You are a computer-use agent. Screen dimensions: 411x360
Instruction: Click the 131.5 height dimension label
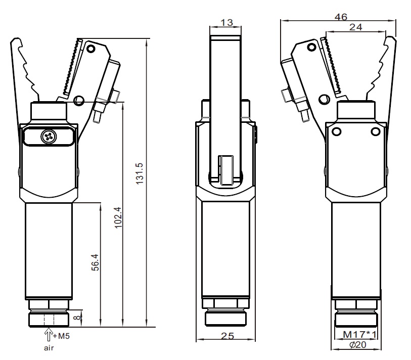[x=140, y=173]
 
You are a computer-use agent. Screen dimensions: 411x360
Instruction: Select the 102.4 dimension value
[x=118, y=217]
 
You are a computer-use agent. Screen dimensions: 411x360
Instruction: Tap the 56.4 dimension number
[x=95, y=262]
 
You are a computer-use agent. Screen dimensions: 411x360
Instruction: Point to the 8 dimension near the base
[x=77, y=318]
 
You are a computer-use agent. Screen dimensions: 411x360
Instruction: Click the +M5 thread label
[x=61, y=336]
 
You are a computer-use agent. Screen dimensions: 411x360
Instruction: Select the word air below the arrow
[x=49, y=348]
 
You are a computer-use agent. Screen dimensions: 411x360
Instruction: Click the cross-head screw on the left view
[x=49, y=137]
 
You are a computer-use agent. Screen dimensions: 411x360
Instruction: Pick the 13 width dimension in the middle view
[x=226, y=23]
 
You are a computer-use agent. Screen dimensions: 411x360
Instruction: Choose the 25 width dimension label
[x=227, y=336]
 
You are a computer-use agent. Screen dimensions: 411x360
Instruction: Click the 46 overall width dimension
[x=341, y=17]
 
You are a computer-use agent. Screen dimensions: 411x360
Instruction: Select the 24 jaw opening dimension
[x=356, y=27]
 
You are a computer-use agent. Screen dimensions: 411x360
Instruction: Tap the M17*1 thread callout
[x=359, y=335]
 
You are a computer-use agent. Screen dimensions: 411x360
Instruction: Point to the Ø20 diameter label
[x=358, y=344]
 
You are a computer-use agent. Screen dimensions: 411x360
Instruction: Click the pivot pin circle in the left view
[x=79, y=101]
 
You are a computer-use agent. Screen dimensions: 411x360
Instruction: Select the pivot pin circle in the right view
[x=324, y=100]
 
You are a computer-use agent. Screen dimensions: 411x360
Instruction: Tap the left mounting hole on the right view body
[x=336, y=131]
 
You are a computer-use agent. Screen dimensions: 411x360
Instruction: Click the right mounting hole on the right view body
[x=376, y=131]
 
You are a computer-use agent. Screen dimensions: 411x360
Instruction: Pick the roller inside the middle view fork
[x=227, y=170]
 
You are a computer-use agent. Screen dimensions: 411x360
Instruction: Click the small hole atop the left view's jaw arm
[x=91, y=49]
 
